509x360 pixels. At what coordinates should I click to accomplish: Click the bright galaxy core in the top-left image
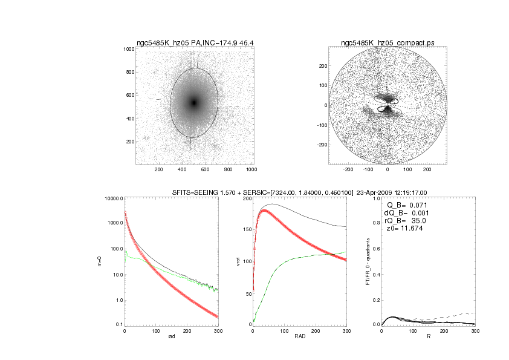pyautogui.click(x=194, y=103)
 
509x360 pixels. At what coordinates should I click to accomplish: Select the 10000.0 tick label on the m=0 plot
pyautogui.click(x=113, y=198)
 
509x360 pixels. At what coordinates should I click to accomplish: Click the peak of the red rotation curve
pyautogui.click(x=264, y=211)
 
